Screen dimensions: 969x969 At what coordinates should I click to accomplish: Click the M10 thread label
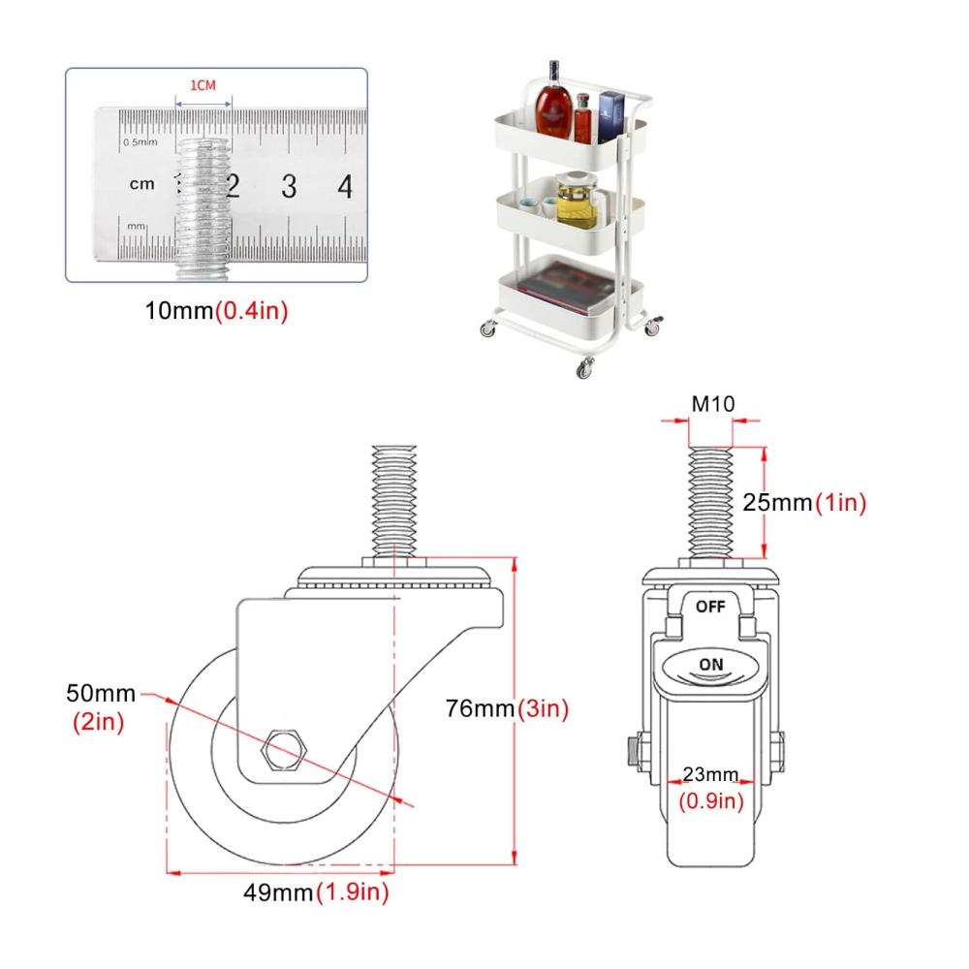713,404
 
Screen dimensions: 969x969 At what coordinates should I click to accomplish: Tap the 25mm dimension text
777,502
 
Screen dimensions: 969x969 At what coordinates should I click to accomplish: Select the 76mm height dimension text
481,708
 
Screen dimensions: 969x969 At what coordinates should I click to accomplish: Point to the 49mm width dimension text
278,892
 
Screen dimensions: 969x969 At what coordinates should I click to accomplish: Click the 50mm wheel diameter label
101,694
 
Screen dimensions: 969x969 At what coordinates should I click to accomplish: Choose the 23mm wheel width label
710,774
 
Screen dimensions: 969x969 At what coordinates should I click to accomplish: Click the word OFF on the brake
710,607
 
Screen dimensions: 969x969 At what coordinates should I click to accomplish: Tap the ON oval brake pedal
710,667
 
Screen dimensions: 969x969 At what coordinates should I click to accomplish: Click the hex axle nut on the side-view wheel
284,750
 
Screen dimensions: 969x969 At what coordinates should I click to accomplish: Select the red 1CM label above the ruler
203,85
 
